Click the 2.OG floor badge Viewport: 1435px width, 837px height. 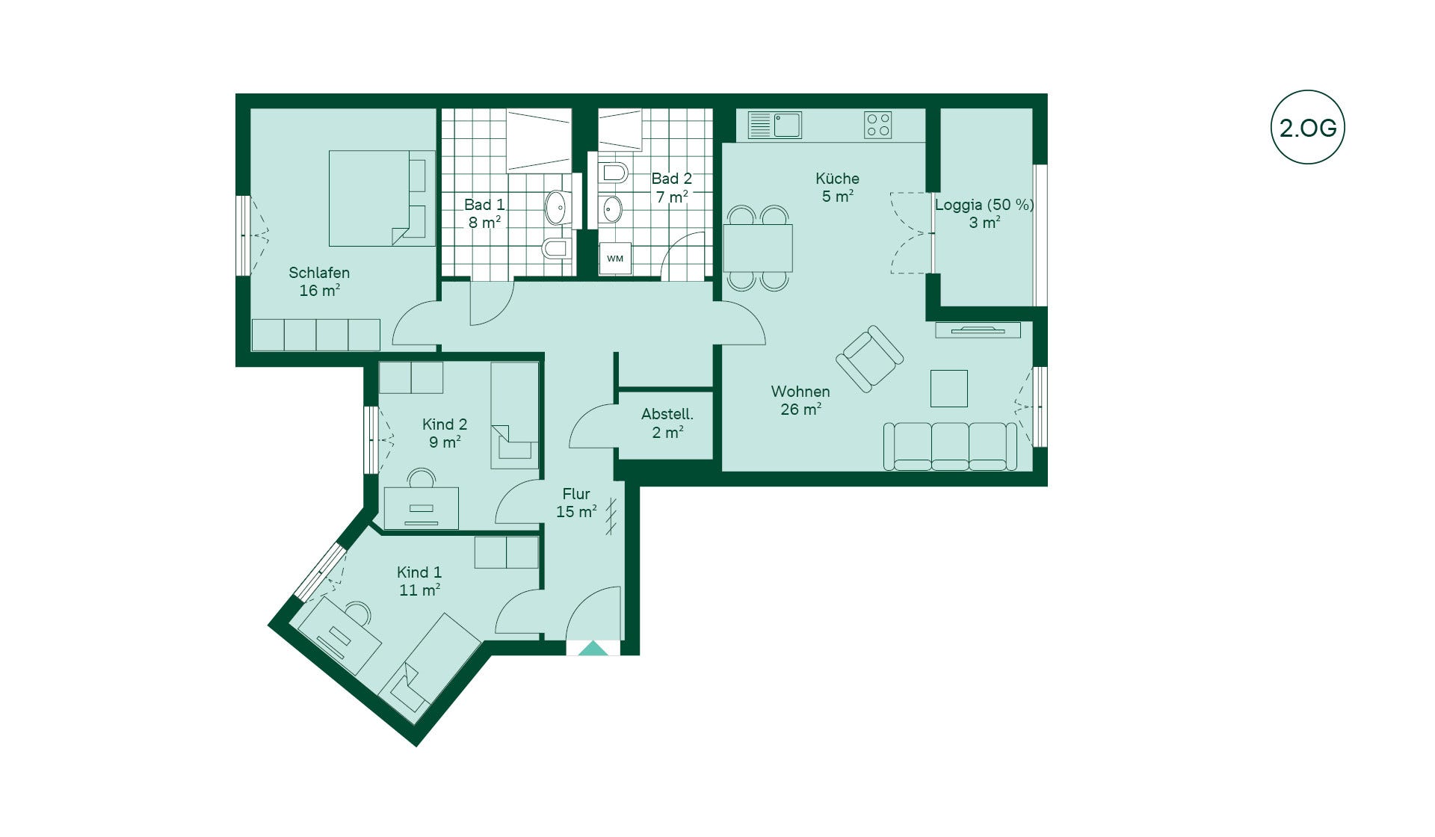[1307, 127]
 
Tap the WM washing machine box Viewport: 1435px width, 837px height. [615, 259]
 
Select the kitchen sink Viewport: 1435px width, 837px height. [775, 125]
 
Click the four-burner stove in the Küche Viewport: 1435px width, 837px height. [878, 125]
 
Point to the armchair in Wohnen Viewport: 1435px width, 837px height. [869, 359]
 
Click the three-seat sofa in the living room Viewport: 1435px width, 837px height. [950, 446]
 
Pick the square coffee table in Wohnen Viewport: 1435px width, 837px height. [949, 389]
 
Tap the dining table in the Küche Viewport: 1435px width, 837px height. [758, 248]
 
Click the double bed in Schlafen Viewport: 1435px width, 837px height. [382, 198]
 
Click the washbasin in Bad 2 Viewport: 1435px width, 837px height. [611, 209]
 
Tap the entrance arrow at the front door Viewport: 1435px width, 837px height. [593, 649]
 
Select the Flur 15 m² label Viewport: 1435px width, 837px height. [576, 503]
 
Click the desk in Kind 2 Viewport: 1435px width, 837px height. [421, 508]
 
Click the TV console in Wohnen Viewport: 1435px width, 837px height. [978, 330]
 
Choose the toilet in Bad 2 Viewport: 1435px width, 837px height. [614, 173]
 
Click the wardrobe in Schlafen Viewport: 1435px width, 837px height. [316, 335]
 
